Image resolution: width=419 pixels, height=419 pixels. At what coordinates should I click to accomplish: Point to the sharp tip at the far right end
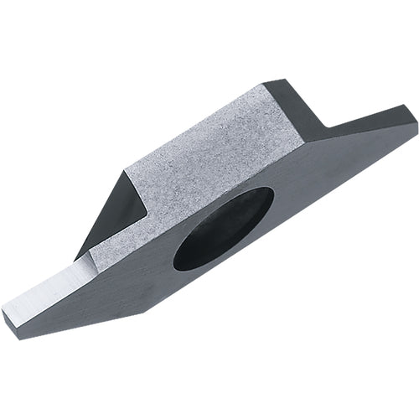pyautogui.click(x=416, y=126)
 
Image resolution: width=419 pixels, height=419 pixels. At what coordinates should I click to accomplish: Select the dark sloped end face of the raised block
pyautogui.click(x=293, y=109)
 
